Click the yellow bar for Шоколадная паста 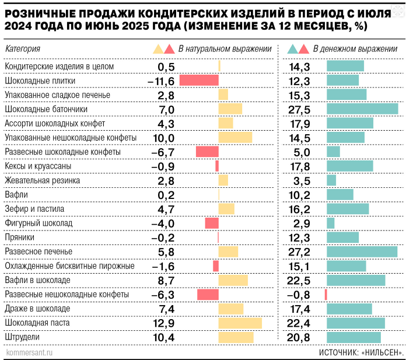coord(240,323)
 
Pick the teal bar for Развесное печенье coord(362,251)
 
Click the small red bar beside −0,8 coord(326,295)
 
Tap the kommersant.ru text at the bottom coord(29,352)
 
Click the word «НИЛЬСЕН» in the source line coord(381,352)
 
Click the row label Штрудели coord(22,337)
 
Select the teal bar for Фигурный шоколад coord(331,223)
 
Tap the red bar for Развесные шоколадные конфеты coord(207,152)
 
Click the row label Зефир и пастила coord(33,209)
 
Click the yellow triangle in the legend coord(157,49)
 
